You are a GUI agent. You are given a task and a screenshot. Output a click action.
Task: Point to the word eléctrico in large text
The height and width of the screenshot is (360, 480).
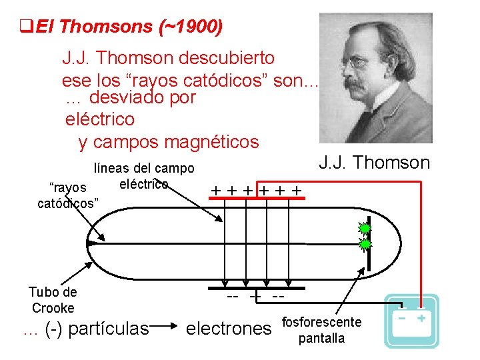tap(100, 120)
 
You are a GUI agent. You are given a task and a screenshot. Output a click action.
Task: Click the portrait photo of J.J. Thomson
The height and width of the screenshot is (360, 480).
tap(375, 78)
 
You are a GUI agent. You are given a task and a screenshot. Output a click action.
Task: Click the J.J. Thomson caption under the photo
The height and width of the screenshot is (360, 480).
tap(374, 162)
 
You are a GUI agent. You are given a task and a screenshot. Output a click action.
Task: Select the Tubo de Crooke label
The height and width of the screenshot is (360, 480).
tap(53, 300)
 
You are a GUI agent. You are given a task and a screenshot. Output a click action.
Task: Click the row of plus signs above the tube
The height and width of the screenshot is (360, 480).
tap(256, 191)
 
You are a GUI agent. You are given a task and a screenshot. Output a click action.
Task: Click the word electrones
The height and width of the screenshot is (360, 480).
tap(229, 328)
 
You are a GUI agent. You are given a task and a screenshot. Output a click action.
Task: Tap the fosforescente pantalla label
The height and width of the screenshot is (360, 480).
tap(322, 330)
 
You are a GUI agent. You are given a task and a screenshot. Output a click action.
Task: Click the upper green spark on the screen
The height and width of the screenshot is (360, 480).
tap(365, 228)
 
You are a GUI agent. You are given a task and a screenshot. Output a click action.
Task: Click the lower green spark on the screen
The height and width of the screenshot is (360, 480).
tap(365, 244)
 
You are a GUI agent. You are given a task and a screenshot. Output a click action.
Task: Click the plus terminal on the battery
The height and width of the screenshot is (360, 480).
tap(421, 318)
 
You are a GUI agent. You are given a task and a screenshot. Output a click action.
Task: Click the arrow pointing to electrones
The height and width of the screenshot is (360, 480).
tap(167, 328)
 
